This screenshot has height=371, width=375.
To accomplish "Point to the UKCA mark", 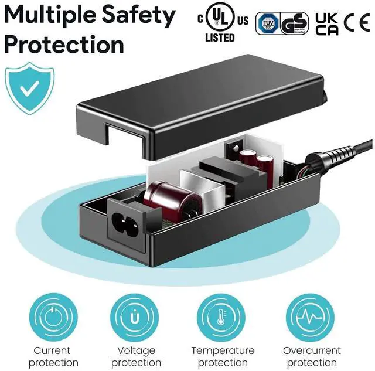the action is (326, 24).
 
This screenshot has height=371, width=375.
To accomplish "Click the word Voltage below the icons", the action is (136, 350).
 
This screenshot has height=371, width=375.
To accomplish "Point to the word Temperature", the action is (223, 350).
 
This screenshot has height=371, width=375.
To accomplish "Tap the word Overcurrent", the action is (312, 350).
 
